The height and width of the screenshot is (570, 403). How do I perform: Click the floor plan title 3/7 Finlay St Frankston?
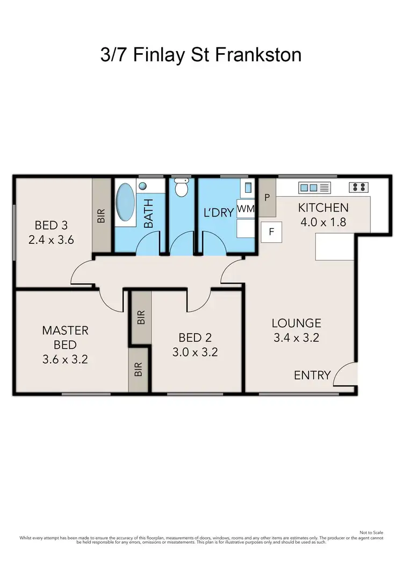[x=201, y=55]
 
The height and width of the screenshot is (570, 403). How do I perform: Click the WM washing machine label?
[x=246, y=208]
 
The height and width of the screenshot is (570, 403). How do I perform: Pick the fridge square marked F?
[x=271, y=232]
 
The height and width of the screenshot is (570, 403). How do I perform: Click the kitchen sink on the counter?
[x=314, y=187]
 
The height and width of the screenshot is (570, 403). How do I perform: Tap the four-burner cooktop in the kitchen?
[x=359, y=187]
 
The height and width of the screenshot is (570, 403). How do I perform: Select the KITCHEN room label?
[x=323, y=207]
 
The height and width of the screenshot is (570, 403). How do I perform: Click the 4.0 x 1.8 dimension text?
[x=322, y=222]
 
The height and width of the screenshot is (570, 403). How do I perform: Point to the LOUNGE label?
[x=296, y=323]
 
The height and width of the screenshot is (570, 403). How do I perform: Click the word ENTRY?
[x=312, y=375]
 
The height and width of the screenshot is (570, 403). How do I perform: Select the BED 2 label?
[x=195, y=337]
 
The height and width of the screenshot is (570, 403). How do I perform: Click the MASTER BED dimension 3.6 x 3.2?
[x=64, y=359]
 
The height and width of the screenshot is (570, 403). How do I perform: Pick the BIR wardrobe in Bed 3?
[x=101, y=215]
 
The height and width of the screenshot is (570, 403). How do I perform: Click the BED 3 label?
[x=51, y=225]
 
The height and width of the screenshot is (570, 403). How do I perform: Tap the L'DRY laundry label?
[x=219, y=212]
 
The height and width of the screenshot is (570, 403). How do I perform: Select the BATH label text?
[x=148, y=213]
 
